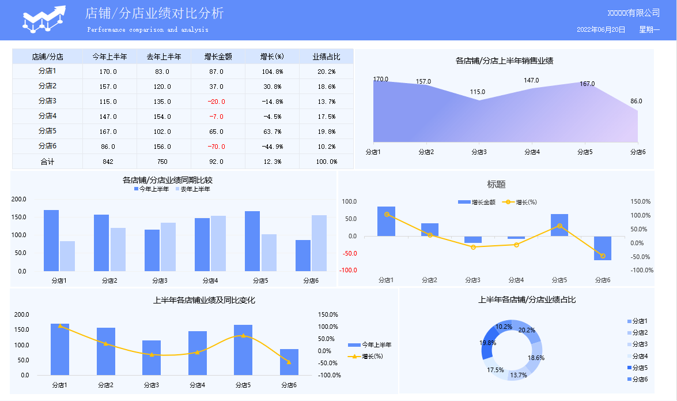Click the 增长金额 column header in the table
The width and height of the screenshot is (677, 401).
click(x=218, y=57)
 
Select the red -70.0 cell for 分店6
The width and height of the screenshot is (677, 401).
click(x=216, y=147)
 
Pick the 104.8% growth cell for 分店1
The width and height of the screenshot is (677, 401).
click(x=272, y=72)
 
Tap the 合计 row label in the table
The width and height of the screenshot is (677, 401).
click(x=47, y=162)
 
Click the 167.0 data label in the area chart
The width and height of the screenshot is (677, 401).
click(x=587, y=84)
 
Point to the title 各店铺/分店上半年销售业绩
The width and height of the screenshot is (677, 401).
click(x=504, y=60)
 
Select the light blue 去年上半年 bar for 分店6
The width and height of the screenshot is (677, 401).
click(x=319, y=243)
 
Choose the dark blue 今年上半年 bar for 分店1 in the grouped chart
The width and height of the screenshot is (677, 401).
click(x=51, y=240)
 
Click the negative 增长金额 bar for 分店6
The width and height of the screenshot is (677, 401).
click(x=603, y=248)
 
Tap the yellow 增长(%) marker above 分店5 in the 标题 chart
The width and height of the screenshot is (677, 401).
click(x=559, y=226)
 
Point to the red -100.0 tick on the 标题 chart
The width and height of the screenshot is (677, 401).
click(x=349, y=270)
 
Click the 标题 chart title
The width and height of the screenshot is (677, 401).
click(x=496, y=185)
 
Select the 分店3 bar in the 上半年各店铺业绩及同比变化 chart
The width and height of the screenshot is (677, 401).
click(x=152, y=358)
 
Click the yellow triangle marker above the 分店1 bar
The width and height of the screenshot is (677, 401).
click(x=60, y=326)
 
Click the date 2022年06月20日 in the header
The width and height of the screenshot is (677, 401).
click(x=601, y=29)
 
